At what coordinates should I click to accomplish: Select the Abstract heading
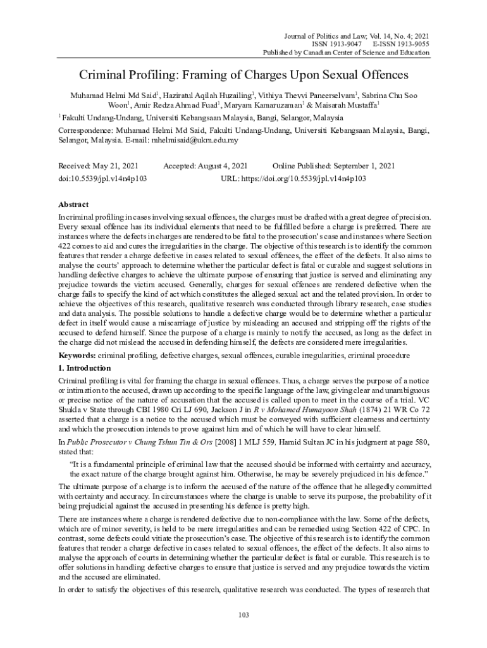[x=73, y=205]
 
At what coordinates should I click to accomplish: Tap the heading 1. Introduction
[x=84, y=368]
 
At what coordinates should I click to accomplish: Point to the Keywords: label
[x=77, y=356]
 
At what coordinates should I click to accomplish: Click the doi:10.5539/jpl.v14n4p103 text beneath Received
[x=102, y=178]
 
